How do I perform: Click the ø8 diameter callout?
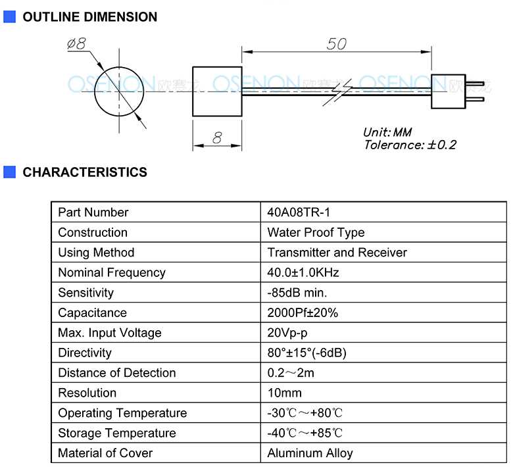click(76, 43)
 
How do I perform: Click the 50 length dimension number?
click(336, 44)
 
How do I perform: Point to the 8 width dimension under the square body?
click(217, 137)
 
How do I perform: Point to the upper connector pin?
click(475, 84)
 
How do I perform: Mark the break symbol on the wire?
click(337, 92)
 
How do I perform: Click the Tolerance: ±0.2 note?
click(410, 145)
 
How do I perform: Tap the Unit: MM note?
click(387, 132)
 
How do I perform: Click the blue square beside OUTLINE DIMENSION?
click(9, 16)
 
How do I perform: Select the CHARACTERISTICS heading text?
click(85, 172)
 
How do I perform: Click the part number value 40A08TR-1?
click(299, 212)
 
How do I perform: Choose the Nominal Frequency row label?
click(112, 272)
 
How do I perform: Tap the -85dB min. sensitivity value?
click(297, 293)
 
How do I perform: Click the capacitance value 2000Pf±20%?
click(303, 312)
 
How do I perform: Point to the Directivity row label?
click(85, 353)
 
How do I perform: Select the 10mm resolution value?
click(285, 393)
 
